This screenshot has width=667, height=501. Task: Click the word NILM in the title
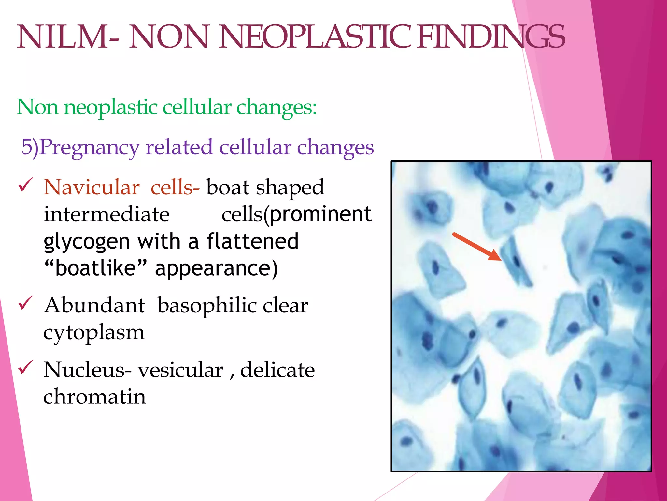click(62, 38)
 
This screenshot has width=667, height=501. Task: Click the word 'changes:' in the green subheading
click(277, 108)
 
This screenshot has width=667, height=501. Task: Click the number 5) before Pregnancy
click(30, 147)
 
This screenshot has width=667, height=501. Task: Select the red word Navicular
click(92, 188)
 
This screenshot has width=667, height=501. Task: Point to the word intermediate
click(106, 215)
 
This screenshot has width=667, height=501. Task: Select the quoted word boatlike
click(95, 268)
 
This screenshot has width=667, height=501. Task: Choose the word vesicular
click(180, 370)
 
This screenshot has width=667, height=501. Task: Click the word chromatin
click(94, 397)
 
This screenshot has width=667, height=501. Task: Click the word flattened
click(252, 241)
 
